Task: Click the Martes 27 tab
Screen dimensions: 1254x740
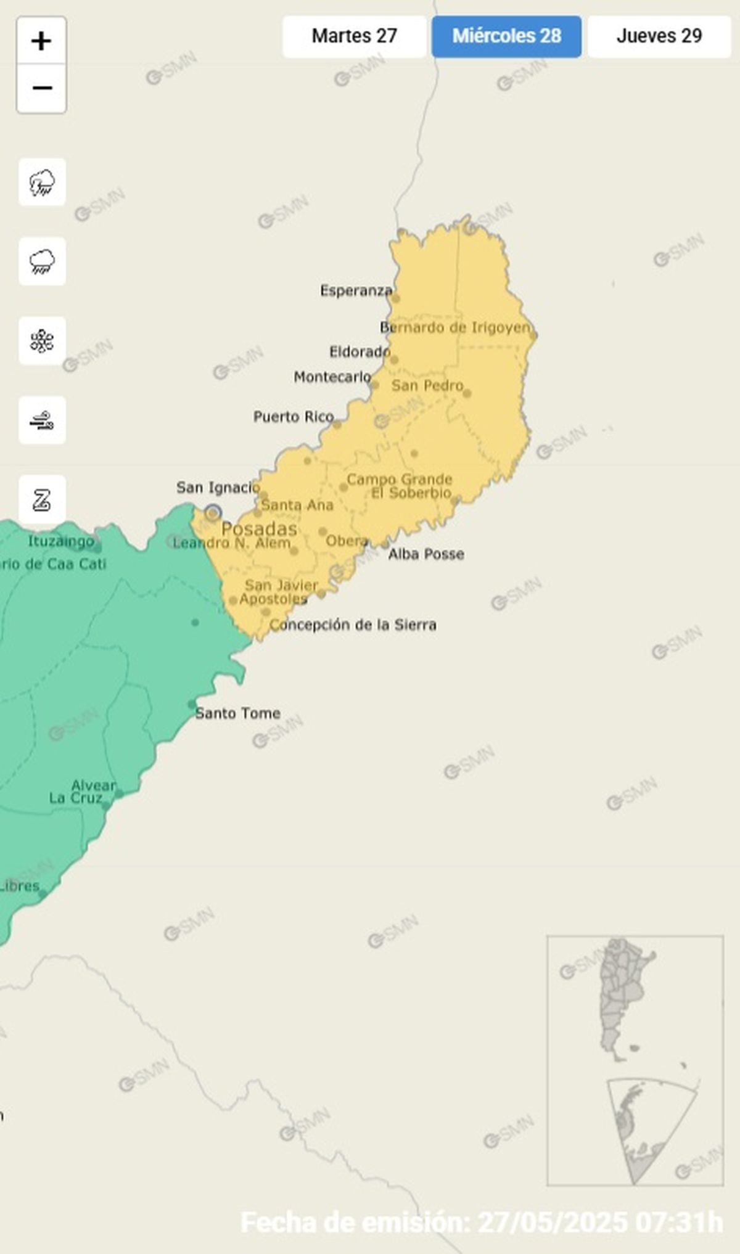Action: pos(354,36)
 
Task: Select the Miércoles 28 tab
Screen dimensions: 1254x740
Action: pos(506,36)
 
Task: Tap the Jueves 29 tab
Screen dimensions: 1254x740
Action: pos(659,36)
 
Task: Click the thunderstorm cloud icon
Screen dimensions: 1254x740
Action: pos(42,182)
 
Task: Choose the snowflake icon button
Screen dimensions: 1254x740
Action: pos(42,341)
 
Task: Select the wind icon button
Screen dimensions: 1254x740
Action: pos(42,420)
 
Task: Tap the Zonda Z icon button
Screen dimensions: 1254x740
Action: pos(42,499)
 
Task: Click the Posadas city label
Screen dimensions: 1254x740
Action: pos(259,529)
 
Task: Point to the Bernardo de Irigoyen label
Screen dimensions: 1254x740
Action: pos(455,327)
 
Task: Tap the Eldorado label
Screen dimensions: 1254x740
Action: pos(360,352)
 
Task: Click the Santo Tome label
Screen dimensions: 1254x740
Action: pos(238,713)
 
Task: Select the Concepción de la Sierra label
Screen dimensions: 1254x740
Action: pos(353,625)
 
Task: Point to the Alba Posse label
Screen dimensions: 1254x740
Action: pos(425,554)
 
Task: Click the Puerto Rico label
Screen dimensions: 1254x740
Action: pos(294,417)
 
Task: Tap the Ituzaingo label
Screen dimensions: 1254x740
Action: pos(61,541)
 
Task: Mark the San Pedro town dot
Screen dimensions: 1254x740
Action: pos(467,393)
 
